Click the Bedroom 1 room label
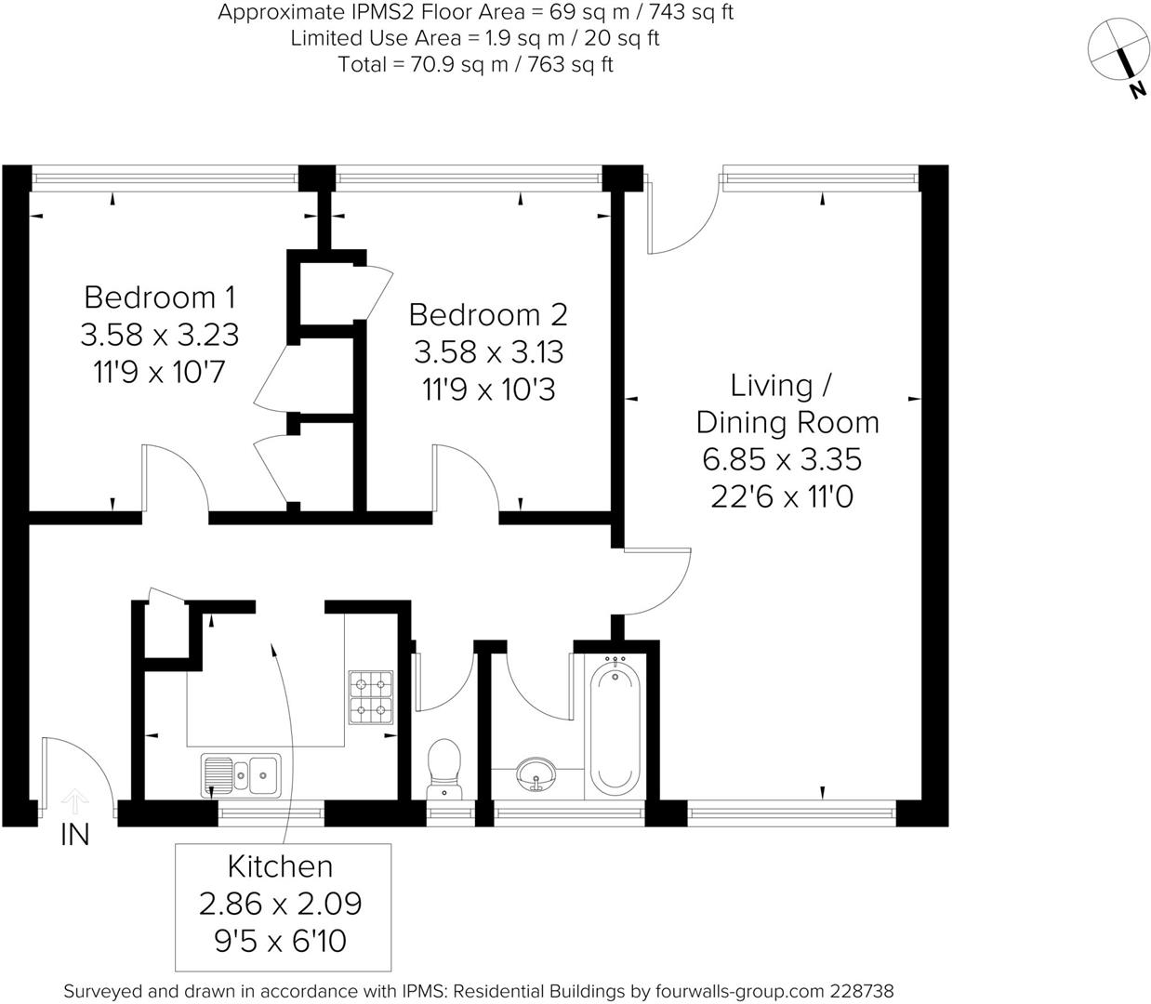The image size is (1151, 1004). pyautogui.click(x=159, y=297)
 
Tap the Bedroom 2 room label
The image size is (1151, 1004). pyautogui.click(x=488, y=315)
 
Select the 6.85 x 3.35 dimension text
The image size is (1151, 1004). pyautogui.click(x=782, y=459)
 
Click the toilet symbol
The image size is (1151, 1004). pyautogui.click(x=443, y=768)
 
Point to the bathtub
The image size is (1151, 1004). pyautogui.click(x=615, y=724)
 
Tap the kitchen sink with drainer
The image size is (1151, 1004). pyautogui.click(x=241, y=774)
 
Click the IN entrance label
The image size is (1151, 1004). pyautogui.click(x=74, y=836)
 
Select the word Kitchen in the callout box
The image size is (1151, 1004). pyautogui.click(x=280, y=866)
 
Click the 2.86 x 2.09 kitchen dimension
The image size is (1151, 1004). pyautogui.click(x=280, y=904)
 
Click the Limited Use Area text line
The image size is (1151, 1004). pyautogui.click(x=474, y=38)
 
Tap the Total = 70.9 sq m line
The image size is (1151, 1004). pyautogui.click(x=474, y=64)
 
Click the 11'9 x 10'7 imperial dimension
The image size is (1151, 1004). pyautogui.click(x=159, y=372)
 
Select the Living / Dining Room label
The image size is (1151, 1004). pyautogui.click(x=787, y=403)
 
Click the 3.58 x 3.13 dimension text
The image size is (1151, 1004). pyautogui.click(x=488, y=352)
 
